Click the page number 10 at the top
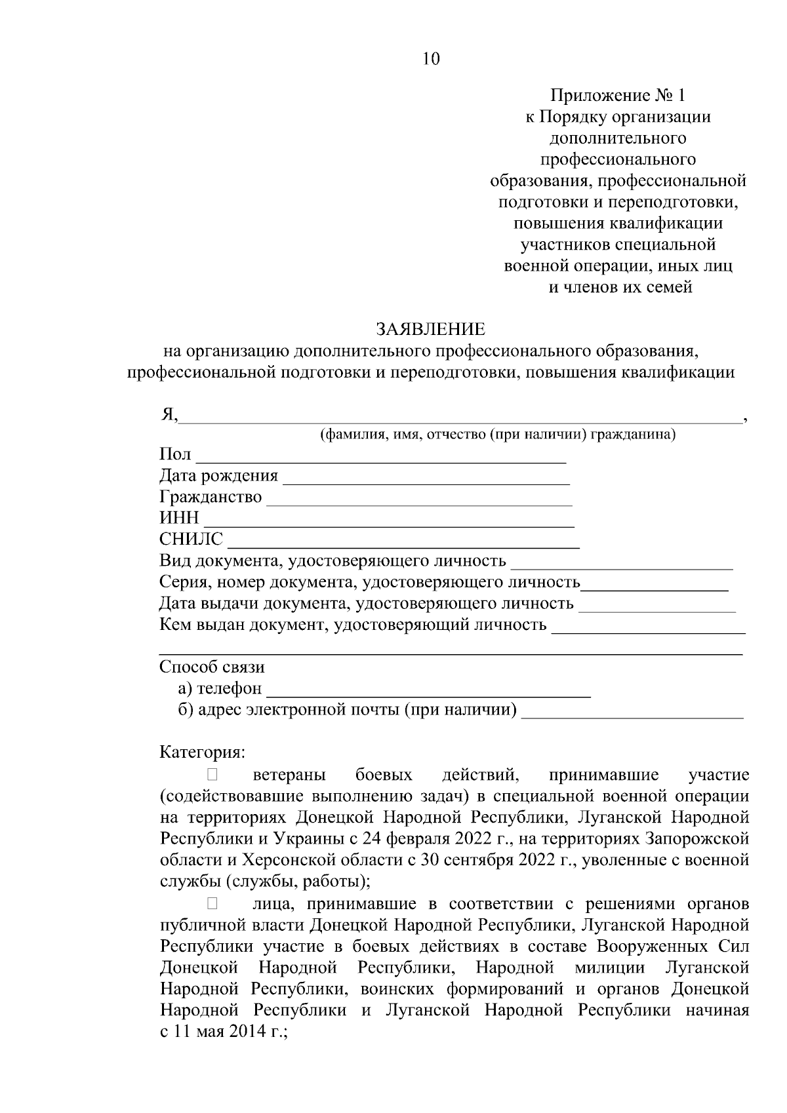431,59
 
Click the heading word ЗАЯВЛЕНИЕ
430,328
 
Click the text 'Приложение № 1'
617,96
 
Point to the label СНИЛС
191,539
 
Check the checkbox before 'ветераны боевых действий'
212,775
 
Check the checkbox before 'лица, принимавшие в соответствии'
212,905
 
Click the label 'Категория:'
202,751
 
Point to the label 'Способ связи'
212,667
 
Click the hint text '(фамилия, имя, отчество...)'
497,435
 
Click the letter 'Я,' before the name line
169,415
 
